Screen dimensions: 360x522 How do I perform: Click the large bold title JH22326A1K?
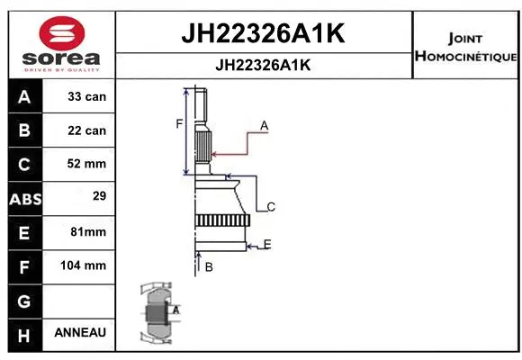[265, 34]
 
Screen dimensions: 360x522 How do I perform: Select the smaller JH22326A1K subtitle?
[265, 66]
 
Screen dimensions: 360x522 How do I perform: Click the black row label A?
[24, 96]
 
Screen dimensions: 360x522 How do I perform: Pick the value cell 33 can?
[86, 96]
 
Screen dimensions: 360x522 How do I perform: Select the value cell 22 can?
[86, 130]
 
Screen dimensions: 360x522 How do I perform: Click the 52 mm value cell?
[86, 164]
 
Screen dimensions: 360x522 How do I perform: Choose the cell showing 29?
[86, 195]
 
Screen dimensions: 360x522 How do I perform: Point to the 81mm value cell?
[86, 231]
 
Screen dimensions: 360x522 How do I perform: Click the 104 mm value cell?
[86, 265]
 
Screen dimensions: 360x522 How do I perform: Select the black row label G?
[24, 300]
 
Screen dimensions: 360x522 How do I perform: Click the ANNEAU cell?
[80, 332]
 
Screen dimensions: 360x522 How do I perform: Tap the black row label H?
[24, 333]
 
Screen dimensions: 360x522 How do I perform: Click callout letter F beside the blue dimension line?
[179, 123]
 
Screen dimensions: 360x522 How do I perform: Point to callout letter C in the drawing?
[270, 207]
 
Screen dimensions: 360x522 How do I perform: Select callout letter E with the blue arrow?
[267, 244]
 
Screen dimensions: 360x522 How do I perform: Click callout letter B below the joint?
[208, 267]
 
